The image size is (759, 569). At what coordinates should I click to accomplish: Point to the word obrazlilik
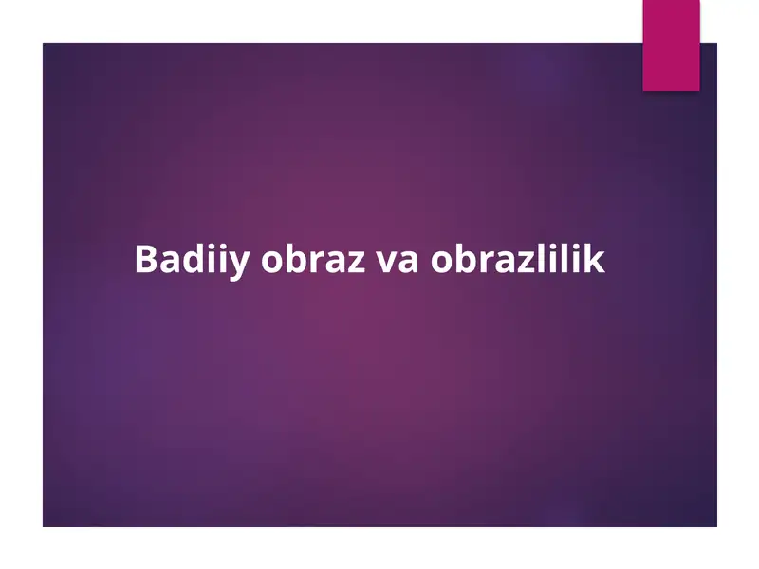517,260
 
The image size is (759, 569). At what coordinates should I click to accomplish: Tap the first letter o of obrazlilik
441,262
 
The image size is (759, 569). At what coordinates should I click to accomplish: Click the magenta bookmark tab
671,45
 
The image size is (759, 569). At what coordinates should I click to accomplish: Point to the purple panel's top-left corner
44,44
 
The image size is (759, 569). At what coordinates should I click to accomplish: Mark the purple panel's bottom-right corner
716,525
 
